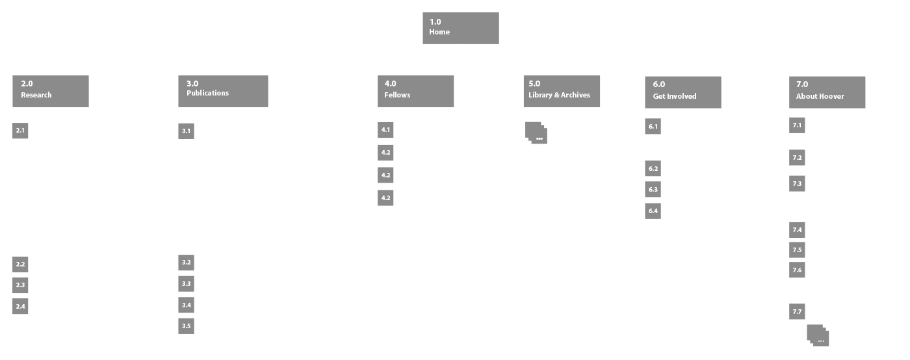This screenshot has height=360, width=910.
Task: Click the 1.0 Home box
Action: (460, 28)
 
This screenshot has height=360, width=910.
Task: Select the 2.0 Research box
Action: (51, 91)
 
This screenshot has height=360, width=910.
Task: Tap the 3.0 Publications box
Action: (223, 91)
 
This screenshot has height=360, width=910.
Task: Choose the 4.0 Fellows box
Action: (415, 91)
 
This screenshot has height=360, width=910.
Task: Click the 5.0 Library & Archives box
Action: (562, 91)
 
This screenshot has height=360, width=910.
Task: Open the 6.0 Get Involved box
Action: (682, 92)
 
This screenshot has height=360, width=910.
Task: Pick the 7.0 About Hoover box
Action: (827, 92)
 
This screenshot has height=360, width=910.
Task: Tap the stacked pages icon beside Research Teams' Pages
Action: (818, 335)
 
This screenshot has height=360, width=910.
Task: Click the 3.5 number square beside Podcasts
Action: (187, 326)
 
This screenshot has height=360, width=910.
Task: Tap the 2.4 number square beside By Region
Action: (20, 306)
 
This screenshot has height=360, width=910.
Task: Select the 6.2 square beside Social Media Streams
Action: (653, 169)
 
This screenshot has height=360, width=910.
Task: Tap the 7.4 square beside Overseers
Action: (798, 230)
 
